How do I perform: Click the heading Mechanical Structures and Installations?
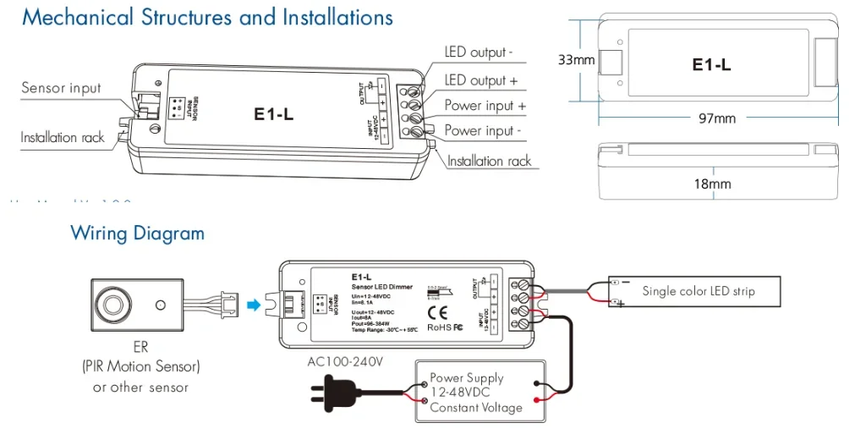click(207, 18)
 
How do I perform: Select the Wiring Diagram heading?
click(137, 233)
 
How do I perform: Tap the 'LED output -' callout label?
click(479, 52)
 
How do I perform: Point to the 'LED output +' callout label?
click(480, 80)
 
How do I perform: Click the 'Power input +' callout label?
click(485, 106)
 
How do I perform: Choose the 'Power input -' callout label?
click(483, 131)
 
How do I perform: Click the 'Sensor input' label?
click(61, 88)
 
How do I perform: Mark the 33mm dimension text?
click(576, 60)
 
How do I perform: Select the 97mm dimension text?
click(716, 118)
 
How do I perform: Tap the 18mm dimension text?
click(711, 184)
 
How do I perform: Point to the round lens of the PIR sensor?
click(111, 303)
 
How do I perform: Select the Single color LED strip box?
click(697, 291)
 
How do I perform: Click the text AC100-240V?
click(345, 362)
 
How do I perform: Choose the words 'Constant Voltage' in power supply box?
click(475, 408)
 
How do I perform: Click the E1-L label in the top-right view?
click(711, 64)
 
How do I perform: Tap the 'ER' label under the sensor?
click(140, 347)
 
